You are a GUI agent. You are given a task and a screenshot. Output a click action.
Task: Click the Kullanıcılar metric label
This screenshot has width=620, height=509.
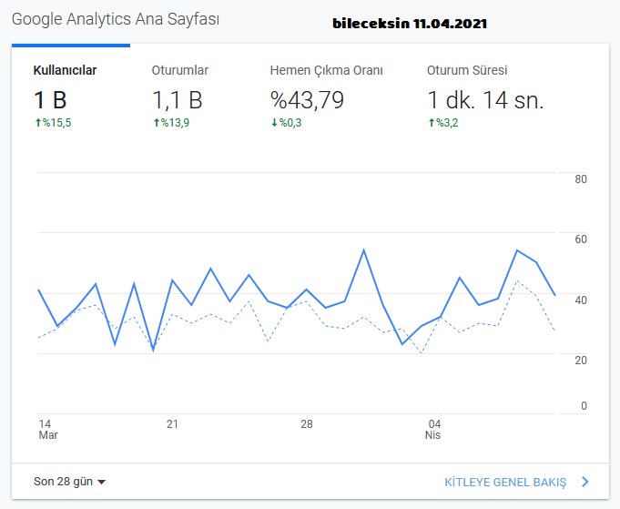coord(65,70)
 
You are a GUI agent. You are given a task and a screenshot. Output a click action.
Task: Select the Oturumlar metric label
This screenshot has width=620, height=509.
coord(180,70)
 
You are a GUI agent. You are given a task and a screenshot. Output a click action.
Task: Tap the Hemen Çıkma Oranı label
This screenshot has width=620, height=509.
coord(326,70)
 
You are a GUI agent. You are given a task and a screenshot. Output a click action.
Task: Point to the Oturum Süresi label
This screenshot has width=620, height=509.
coord(467,70)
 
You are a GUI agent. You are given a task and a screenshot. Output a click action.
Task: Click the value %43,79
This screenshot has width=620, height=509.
coord(307,99)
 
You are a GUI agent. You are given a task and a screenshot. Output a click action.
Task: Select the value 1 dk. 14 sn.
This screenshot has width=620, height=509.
coord(485,99)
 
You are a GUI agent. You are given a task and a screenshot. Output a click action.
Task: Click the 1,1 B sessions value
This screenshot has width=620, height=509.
coord(178,100)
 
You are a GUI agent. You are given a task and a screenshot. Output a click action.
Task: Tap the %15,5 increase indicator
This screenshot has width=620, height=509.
coord(53,123)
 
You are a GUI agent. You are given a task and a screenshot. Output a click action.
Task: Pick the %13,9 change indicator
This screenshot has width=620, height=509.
coord(171,123)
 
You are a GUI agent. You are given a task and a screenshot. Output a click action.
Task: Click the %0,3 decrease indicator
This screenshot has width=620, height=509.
coord(286,123)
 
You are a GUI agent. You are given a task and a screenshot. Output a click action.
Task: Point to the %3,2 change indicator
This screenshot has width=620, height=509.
coord(443,123)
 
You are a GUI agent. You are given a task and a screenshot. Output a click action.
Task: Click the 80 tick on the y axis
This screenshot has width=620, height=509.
coord(581,179)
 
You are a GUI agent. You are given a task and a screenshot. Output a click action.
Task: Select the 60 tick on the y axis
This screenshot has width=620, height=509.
coord(581,239)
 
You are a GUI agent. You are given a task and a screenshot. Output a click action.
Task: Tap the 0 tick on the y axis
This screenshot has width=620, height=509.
coord(584,406)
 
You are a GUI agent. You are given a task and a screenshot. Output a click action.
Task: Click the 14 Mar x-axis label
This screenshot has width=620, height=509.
coord(48,430)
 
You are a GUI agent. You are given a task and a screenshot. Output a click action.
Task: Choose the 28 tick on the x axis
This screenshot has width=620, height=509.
coord(307,424)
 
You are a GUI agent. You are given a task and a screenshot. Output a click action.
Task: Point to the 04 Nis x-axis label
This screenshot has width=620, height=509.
coord(433,430)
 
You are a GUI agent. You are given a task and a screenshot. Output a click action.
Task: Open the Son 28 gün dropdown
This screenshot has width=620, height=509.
coord(69,482)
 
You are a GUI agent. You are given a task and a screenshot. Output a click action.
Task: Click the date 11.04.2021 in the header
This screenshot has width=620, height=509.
coord(450,24)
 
